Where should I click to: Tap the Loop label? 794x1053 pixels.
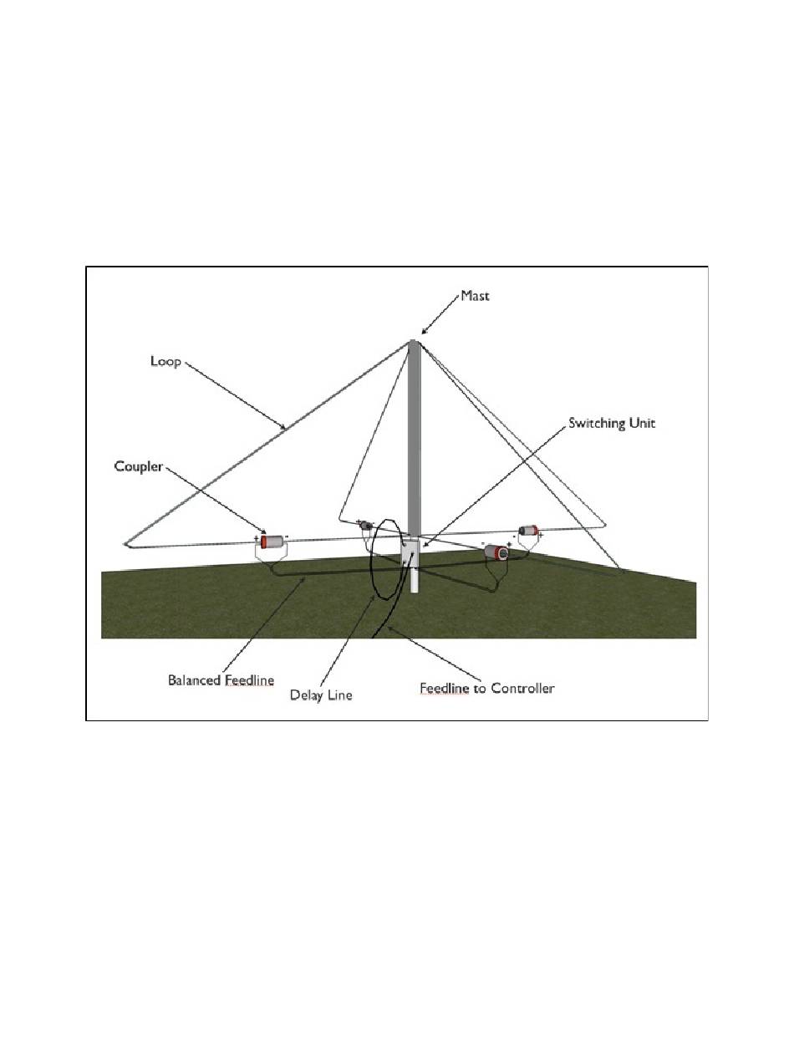point(165,361)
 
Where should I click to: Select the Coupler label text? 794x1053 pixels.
point(138,466)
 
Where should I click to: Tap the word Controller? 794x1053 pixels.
point(522,689)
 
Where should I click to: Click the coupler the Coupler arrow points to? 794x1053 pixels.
point(273,541)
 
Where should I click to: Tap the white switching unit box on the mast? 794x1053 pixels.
point(410,553)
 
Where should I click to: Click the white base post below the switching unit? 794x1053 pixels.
point(415,582)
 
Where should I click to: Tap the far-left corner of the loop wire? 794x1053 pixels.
point(125,545)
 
